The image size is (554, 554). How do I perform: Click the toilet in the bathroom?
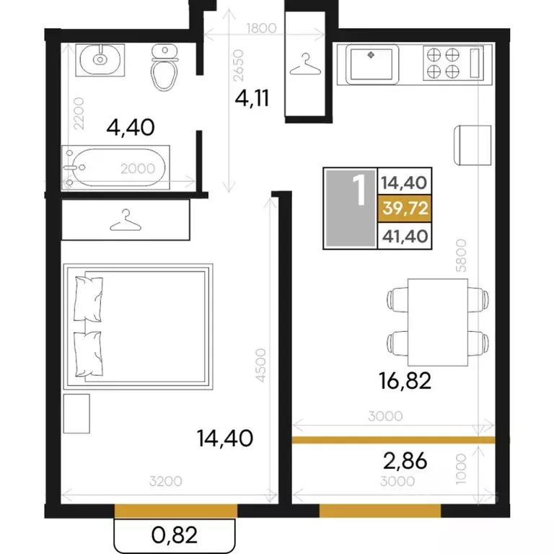tap(164, 67)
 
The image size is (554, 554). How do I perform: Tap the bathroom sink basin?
tap(100, 59)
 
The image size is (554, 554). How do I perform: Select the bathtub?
tap(115, 167)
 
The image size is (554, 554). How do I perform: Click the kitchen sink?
tap(371, 64)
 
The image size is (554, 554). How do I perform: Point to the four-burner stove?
tap(443, 63)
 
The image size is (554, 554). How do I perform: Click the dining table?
tap(438, 322)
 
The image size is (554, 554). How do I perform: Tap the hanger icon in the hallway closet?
tap(305, 64)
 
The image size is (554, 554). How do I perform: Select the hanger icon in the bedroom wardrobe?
tap(126, 220)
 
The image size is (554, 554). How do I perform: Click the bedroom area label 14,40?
tap(225, 438)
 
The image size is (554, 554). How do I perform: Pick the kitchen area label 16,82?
tap(405, 381)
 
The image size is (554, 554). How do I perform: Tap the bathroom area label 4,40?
tap(131, 127)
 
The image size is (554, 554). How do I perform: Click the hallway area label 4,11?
tap(252, 98)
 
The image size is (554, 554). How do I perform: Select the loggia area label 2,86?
tap(405, 461)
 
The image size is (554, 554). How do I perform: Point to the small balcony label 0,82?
tap(174, 535)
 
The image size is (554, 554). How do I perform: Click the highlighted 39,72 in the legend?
tap(405, 208)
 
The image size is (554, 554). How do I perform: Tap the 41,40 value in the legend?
tap(405, 236)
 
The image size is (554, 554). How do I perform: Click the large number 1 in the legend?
tap(360, 190)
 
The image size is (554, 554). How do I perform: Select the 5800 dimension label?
tap(461, 255)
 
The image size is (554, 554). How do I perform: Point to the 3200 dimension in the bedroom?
tap(165, 481)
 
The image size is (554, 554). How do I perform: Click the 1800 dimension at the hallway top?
tap(261, 28)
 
